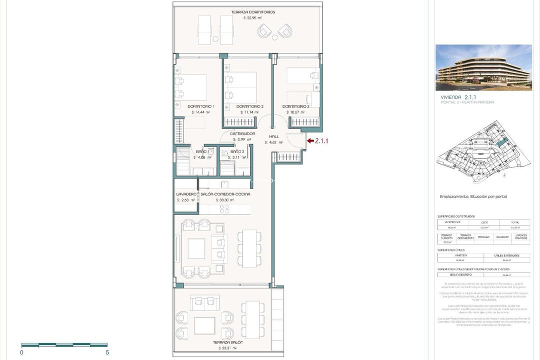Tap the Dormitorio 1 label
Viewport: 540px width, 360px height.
tap(200, 106)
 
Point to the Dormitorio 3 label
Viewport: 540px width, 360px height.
tap(296, 106)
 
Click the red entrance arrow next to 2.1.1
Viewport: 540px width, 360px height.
tap(310, 141)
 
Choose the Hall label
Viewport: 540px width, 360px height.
tap(273, 136)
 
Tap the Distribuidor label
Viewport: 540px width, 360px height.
tap(242, 134)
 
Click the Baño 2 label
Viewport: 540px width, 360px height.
tap(237, 151)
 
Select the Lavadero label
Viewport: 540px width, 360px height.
tap(185, 194)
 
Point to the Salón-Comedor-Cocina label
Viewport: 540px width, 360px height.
tap(225, 194)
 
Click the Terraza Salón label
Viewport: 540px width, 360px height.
tap(228, 342)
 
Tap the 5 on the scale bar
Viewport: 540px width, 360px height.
tap(107, 352)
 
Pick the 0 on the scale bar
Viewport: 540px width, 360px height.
tap(21, 352)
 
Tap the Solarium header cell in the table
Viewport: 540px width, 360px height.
tap(502, 237)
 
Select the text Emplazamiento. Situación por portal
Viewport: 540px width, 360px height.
tap(469, 196)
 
